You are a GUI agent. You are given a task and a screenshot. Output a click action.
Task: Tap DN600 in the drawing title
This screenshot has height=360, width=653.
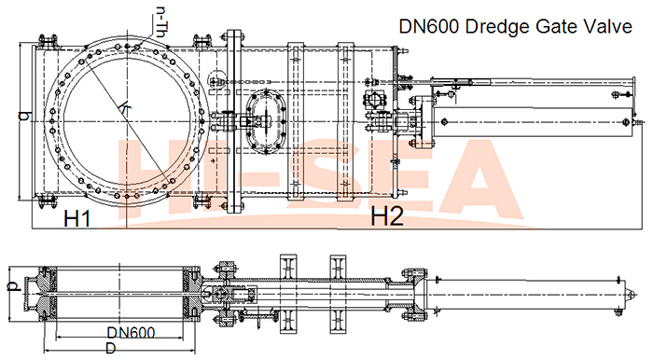tap(429, 26)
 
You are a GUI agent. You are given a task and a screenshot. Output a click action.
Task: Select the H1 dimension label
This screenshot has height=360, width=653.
tap(77, 218)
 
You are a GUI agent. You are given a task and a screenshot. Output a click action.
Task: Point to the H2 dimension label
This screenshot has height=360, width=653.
tap(387, 216)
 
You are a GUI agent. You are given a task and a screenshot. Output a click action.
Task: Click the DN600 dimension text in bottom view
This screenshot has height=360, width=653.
tap(132, 333)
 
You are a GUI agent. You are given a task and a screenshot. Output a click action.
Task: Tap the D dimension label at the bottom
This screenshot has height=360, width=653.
tap(110, 348)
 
